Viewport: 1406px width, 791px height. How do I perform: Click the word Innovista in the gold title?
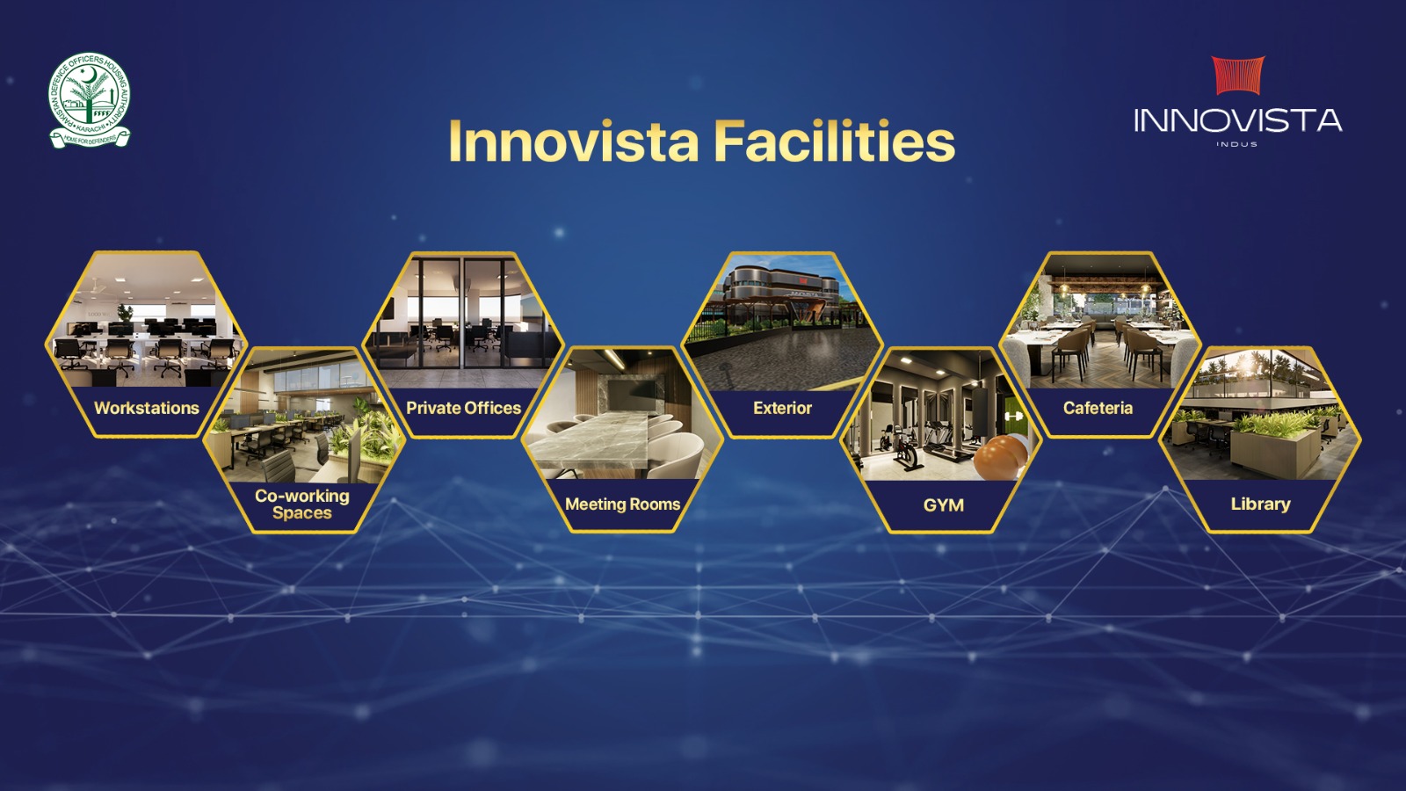574,142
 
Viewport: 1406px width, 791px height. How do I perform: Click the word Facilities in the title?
836,142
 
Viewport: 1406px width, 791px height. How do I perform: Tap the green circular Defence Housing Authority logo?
89,100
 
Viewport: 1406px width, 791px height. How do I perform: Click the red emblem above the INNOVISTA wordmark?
1238,76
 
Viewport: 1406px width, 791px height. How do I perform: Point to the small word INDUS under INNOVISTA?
1237,144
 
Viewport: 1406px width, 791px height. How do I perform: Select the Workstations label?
146,408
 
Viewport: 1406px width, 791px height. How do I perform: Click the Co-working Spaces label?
302,504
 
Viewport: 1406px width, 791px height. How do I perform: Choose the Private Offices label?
463,408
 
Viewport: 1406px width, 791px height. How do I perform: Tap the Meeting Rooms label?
623,504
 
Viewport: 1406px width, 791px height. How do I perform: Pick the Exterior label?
782,408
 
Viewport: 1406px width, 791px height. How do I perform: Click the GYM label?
943,504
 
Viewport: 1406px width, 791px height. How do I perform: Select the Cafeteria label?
1098,408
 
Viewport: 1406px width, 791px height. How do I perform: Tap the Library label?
1260,504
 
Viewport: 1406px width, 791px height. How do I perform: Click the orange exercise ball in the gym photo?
999,458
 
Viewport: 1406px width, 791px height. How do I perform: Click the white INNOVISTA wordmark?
1238,120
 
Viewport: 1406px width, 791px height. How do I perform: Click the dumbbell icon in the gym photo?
1013,417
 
